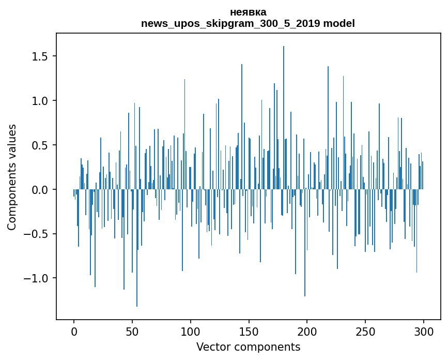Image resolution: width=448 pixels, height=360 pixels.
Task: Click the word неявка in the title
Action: click(x=248, y=12)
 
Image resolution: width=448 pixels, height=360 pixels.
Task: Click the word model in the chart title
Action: click(x=339, y=24)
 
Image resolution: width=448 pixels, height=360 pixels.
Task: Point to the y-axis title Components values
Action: click(x=12, y=177)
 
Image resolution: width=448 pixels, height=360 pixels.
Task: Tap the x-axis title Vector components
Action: click(x=248, y=347)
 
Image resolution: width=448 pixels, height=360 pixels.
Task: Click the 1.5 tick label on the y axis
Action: click(x=41, y=56)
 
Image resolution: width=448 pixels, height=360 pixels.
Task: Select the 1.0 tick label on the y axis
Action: click(x=41, y=100)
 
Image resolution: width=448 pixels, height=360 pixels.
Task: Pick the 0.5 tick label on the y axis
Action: click(x=41, y=145)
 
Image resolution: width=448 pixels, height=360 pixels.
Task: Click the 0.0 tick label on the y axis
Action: click(x=41, y=190)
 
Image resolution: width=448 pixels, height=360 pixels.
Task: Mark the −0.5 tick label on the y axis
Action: click(x=37, y=234)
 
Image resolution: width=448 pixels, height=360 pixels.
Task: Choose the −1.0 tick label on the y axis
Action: click(x=37, y=279)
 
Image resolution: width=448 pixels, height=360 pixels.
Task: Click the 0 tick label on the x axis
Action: click(x=74, y=331)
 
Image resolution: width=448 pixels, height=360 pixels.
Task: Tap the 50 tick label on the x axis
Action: click(x=132, y=331)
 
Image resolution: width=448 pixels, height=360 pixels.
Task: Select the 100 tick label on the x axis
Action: click(x=191, y=331)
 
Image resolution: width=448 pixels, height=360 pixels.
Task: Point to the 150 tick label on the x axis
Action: click(x=249, y=331)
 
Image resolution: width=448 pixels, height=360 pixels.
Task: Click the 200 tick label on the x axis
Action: click(x=307, y=331)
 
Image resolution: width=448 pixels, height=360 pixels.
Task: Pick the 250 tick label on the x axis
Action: click(x=366, y=331)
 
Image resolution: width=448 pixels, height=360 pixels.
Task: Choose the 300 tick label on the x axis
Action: click(x=424, y=331)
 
